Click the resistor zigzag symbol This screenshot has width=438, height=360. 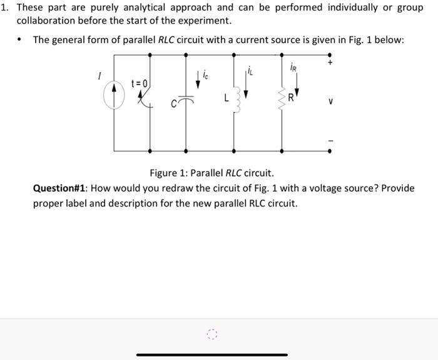(283, 100)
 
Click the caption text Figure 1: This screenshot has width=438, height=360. (168, 173)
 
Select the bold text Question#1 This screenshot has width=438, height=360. (62, 188)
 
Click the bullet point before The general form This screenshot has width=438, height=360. (22, 40)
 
